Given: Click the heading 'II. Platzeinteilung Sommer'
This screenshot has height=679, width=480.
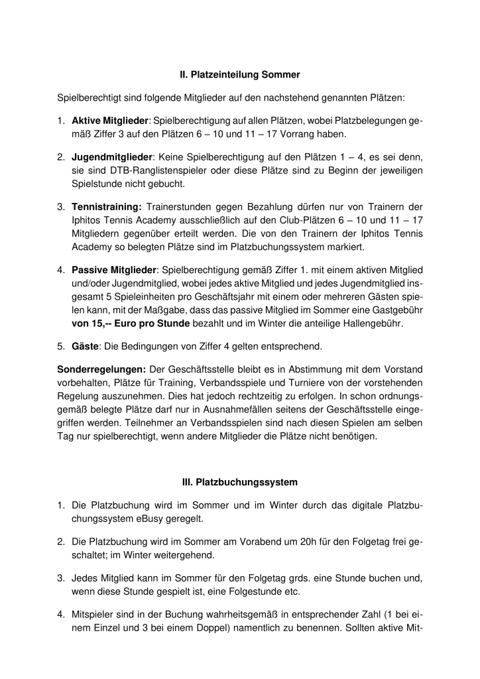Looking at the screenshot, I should [x=240, y=75].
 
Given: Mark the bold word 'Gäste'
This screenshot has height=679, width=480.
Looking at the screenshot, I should [x=85, y=346].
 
